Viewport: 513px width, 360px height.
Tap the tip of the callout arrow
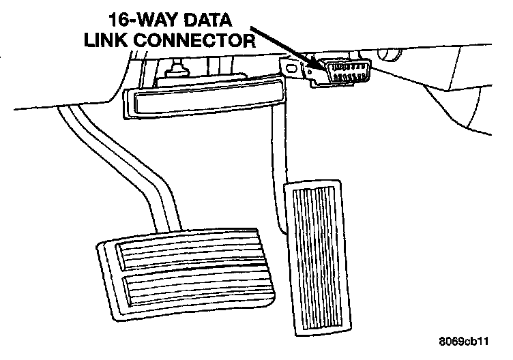(x=320, y=67)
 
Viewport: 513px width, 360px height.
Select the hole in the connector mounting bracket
(x=294, y=67)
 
